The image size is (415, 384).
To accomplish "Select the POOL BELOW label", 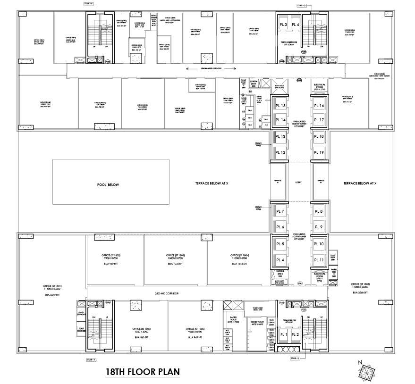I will pyautogui.click(x=108, y=184).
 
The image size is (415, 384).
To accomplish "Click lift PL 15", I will pyautogui.click(x=280, y=106).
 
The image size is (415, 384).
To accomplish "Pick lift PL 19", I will pyautogui.click(x=318, y=152).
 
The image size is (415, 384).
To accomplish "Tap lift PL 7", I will pyautogui.click(x=280, y=212).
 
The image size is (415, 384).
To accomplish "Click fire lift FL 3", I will pyautogui.click(x=283, y=25).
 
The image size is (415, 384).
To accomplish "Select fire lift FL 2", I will pyautogui.click(x=296, y=334).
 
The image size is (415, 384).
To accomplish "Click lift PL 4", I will pyautogui.click(x=280, y=260).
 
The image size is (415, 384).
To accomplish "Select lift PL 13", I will pyautogui.click(x=280, y=136).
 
